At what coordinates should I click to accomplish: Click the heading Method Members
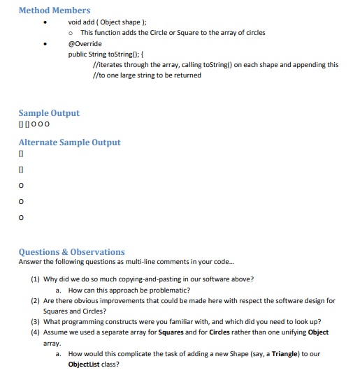point(54,10)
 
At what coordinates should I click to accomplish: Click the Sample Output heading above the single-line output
point(49,113)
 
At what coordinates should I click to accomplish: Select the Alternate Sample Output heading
point(69,142)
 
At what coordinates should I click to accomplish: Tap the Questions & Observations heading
point(71,252)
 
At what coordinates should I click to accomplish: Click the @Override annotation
point(85,43)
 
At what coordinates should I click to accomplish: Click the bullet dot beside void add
point(45,23)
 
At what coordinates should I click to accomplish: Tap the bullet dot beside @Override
point(45,44)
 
